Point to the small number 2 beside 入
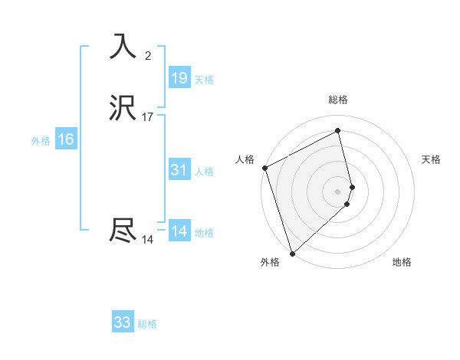[148, 55]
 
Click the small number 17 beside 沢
[148, 117]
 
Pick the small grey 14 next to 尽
[148, 240]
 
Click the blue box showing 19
[179, 78]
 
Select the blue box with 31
[179, 170]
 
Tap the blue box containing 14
[179, 231]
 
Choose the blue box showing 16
[66, 139]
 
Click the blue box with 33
[123, 322]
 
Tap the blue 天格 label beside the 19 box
[204, 80]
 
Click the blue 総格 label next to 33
[147, 324]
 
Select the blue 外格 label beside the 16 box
[41, 141]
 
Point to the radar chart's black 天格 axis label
[432, 159]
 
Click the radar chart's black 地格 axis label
[402, 262]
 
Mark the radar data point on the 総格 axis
[338, 130]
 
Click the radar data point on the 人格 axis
[264, 168]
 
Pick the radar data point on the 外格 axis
[292, 253]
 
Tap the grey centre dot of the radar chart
[338, 191]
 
